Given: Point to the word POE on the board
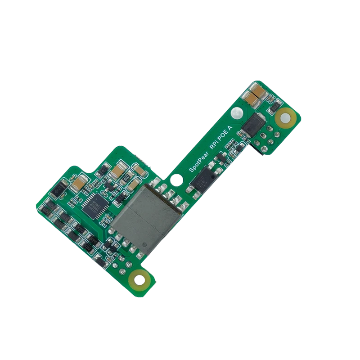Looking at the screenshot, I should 225,135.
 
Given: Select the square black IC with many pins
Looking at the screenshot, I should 96,206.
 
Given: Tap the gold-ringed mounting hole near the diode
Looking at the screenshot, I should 286,118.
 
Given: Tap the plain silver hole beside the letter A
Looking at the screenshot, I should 238,112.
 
